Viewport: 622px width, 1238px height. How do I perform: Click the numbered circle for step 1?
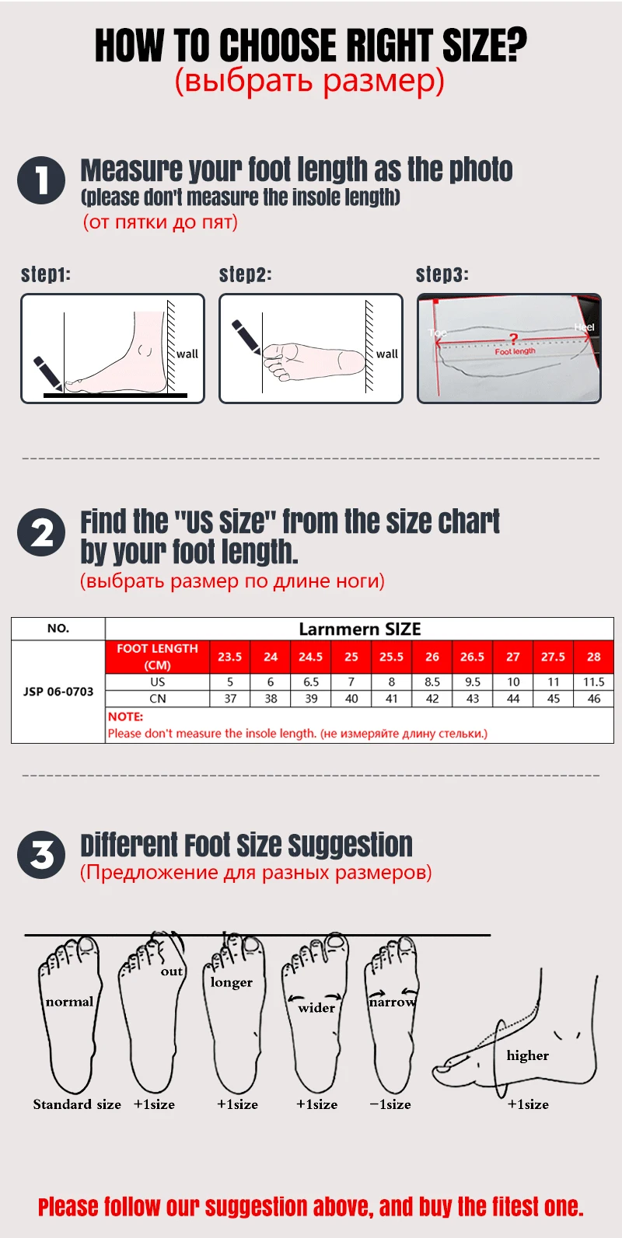(x=41, y=180)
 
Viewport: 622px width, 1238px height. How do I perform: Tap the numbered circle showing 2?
(x=41, y=532)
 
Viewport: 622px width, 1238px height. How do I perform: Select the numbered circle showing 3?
(x=41, y=855)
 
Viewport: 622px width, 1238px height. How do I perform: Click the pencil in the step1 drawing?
(x=47, y=373)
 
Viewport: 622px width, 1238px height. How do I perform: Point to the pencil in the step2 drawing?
(x=246, y=337)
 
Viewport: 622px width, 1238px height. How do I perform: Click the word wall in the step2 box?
(x=387, y=354)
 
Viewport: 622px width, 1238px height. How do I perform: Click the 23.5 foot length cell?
(x=230, y=657)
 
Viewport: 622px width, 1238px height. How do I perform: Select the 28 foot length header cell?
(x=594, y=657)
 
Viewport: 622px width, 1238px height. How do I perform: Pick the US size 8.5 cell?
(x=432, y=682)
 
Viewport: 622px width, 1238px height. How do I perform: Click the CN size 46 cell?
(x=594, y=699)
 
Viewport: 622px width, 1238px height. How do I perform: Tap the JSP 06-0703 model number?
(x=58, y=692)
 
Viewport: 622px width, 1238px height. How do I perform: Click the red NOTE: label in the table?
(x=125, y=717)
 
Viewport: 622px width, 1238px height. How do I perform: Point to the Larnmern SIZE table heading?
(x=360, y=629)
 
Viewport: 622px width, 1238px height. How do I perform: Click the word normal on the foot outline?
(x=70, y=1002)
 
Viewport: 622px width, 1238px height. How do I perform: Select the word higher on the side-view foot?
(x=528, y=1055)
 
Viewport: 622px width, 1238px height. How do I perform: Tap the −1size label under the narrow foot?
(x=390, y=1104)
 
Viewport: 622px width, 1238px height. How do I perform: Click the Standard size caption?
(x=77, y=1104)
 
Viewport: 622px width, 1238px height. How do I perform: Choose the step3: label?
(x=442, y=274)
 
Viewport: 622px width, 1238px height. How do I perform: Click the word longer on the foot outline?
(x=232, y=982)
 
